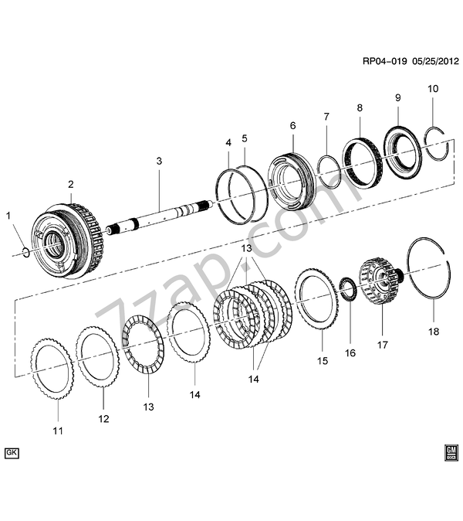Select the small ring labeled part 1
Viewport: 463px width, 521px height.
click(26, 252)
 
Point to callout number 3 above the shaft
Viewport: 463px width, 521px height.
click(159, 162)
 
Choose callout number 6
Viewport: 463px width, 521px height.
click(293, 126)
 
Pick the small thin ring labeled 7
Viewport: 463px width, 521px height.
click(328, 172)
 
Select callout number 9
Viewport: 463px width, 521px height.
click(398, 98)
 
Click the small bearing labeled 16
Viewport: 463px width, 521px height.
click(349, 290)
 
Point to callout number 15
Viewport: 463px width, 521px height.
click(323, 360)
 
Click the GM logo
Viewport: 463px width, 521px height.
click(451, 451)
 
